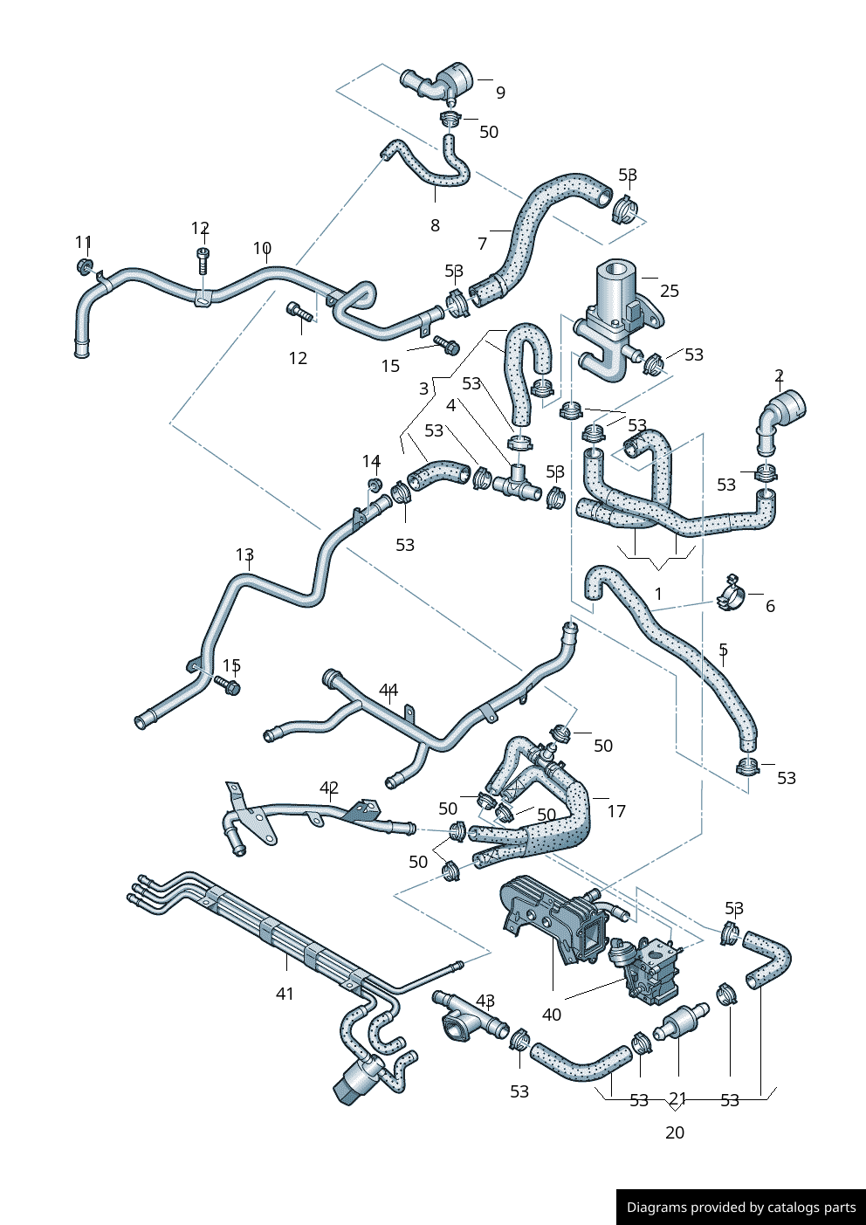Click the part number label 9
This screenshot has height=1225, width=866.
click(x=500, y=93)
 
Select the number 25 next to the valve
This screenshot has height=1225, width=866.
click(x=669, y=291)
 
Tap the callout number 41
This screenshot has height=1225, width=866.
click(x=285, y=994)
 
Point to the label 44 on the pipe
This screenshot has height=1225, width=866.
click(x=388, y=691)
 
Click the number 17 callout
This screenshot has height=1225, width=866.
click(x=616, y=811)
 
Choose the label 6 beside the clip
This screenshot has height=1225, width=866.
click(x=770, y=606)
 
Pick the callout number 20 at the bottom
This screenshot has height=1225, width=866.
click(x=675, y=1132)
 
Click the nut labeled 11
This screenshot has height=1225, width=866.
click(x=85, y=265)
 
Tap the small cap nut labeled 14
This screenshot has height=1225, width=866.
click(x=374, y=484)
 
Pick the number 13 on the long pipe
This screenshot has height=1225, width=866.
click(x=244, y=555)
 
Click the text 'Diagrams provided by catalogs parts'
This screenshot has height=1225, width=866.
click(x=741, y=1208)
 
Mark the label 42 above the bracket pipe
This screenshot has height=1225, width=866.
click(x=329, y=788)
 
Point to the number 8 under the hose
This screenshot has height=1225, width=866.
click(x=435, y=225)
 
